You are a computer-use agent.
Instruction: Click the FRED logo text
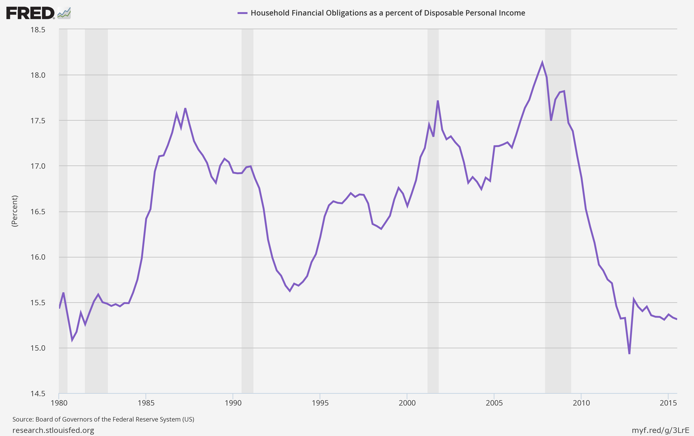[x=30, y=13]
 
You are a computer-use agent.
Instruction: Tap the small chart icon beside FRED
[x=64, y=13]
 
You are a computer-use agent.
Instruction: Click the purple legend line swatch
[x=242, y=13]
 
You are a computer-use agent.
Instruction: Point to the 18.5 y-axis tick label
[x=38, y=30]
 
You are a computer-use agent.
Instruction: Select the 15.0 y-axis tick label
[x=38, y=348]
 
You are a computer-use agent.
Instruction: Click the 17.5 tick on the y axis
[x=38, y=121]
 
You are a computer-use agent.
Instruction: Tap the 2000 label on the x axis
[x=407, y=403]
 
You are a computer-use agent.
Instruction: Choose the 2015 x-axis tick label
[x=668, y=403]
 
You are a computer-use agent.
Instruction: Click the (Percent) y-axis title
[x=14, y=211]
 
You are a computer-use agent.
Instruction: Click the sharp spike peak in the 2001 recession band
[x=438, y=101]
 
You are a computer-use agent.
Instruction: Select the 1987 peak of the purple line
[x=185, y=108]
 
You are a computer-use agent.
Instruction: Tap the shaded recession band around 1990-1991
[x=247, y=259]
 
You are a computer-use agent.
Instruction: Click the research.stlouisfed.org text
[x=53, y=430]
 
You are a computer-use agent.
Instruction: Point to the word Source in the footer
[x=23, y=419]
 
